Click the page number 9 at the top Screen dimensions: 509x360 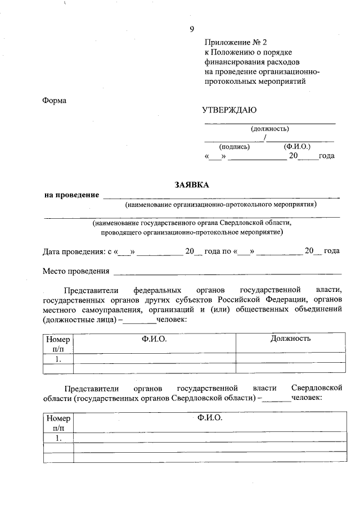tap(192, 29)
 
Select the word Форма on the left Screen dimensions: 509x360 tap(54, 101)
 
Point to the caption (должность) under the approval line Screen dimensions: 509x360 tap(269, 128)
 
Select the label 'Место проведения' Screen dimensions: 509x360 tap(76, 271)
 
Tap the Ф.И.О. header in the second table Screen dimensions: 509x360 tap(210, 418)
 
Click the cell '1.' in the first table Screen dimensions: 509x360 tap(58, 358)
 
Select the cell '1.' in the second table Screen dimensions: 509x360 tap(58, 438)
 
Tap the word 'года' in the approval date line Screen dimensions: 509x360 tap(327, 156)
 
